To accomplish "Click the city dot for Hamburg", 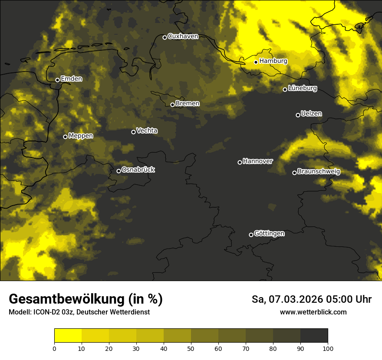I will (256, 62).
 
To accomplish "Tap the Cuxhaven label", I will (183, 36).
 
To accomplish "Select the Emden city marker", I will (57, 80).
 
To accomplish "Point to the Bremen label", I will (188, 104).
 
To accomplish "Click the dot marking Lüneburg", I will (285, 89).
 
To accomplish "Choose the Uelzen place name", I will (311, 114).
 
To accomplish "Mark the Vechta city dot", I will (133, 132).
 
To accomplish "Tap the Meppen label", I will (81, 136).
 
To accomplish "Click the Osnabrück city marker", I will (119, 171).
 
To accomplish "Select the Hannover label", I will (258, 161).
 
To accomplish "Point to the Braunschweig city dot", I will (294, 173).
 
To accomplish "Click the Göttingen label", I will (269, 234).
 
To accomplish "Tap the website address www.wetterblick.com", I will (313, 312).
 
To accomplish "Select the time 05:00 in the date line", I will (342, 299).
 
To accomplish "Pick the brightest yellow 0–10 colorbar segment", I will (68, 335).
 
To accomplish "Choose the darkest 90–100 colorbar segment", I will (314, 335).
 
